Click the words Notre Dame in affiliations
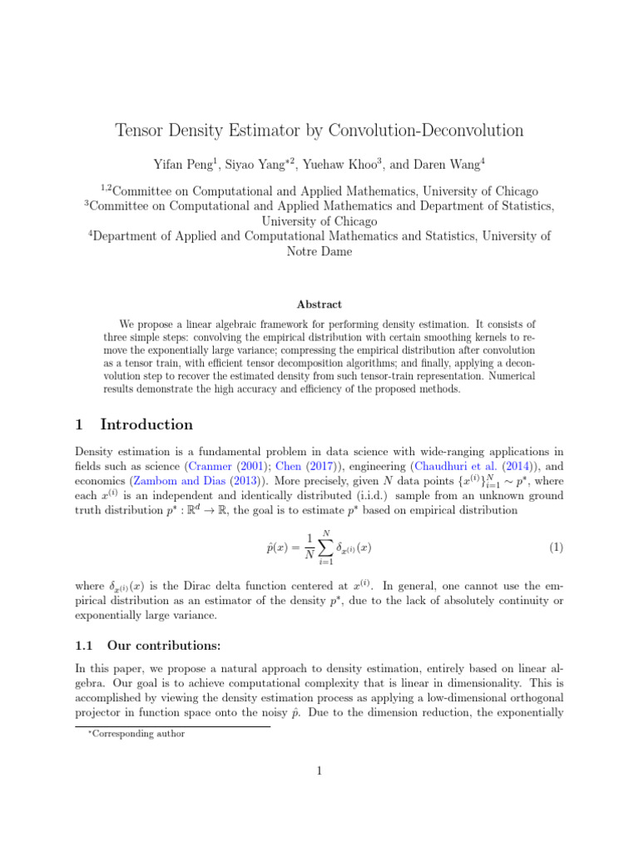[x=319, y=251]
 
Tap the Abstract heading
[x=319, y=305]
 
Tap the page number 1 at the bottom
[x=319, y=771]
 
